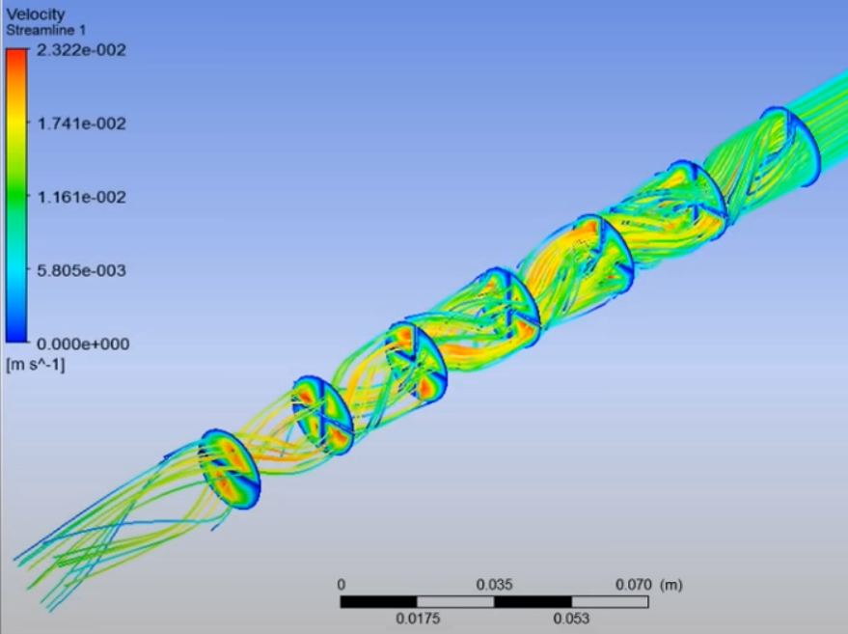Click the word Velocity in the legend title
35,14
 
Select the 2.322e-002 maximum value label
81,50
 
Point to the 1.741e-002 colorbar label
81,124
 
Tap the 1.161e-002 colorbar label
81,197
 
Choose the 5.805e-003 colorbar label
81,270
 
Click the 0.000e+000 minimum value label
83,345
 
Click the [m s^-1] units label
35,365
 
